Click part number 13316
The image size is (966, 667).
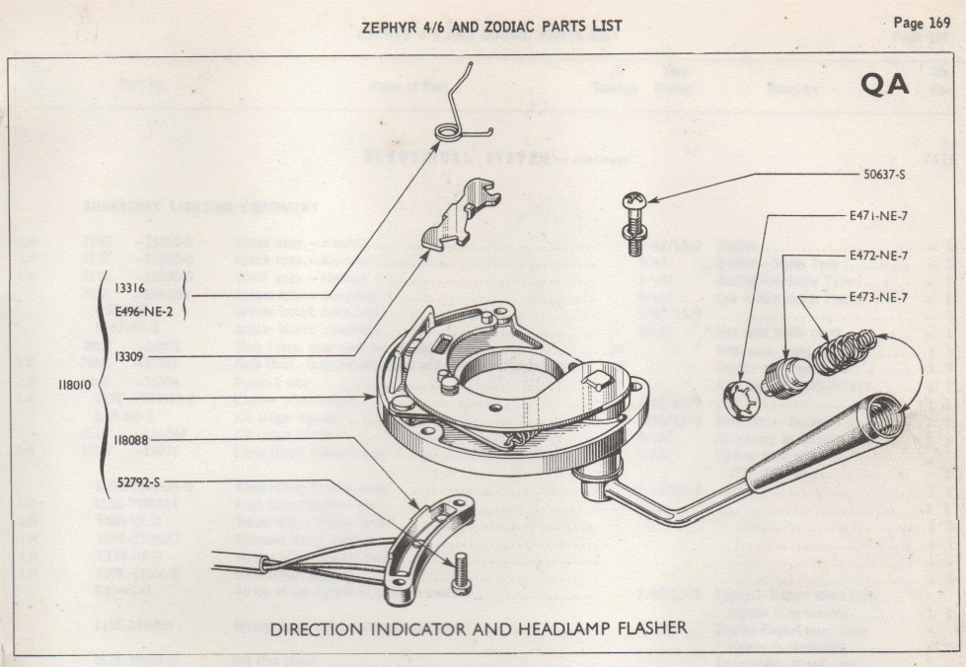coord(131,287)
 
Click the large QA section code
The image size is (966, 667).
coord(884,85)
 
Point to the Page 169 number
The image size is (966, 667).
coord(921,24)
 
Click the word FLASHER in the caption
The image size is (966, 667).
coord(643,628)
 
